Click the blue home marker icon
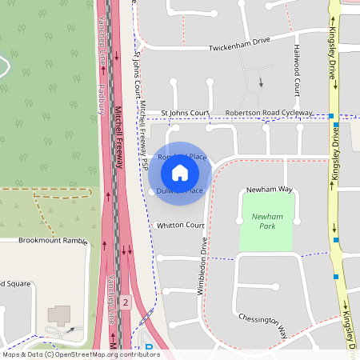point(179,172)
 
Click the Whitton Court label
point(181,226)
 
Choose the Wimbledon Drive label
point(203,266)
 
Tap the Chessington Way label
point(262,322)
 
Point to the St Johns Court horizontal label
point(184,114)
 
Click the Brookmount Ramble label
point(53,240)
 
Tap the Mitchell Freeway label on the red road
point(118,136)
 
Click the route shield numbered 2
point(126,302)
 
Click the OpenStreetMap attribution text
point(80,354)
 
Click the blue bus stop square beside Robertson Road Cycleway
point(331,117)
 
